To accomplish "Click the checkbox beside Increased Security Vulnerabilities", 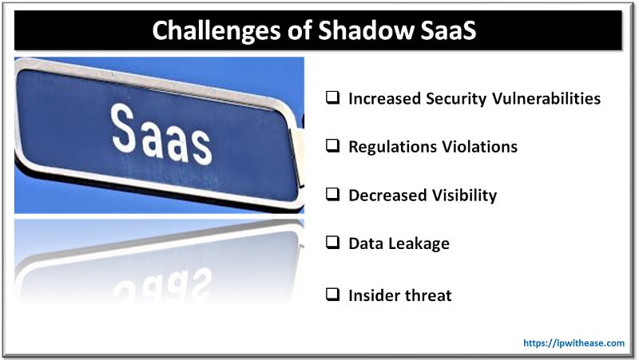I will click(332, 99).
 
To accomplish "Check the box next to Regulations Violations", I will click(332, 147).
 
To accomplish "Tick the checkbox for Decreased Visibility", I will click(332, 196).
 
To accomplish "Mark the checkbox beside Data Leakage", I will click(332, 244).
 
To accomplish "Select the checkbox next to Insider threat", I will click(332, 295).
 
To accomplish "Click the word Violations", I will click(479, 147).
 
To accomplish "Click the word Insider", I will click(375, 295).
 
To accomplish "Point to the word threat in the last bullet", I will click(430, 295).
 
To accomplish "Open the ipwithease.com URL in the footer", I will click(574, 342).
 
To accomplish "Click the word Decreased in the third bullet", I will click(387, 196).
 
